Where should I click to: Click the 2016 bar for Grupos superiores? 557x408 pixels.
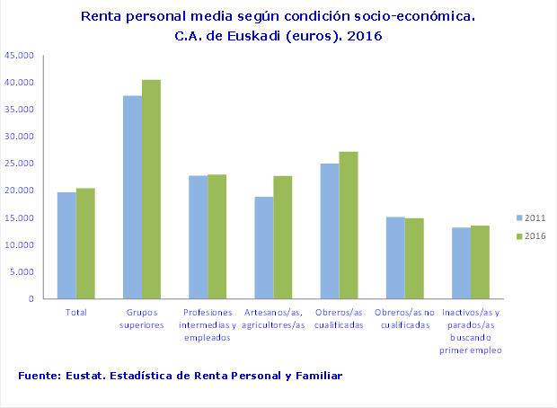(151, 190)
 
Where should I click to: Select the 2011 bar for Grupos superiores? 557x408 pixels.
(132, 198)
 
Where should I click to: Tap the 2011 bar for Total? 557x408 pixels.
(66, 245)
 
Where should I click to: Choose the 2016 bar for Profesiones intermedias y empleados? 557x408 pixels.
(217, 236)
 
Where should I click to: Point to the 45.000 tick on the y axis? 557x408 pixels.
(20, 56)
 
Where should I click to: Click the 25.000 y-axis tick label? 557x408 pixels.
(20, 164)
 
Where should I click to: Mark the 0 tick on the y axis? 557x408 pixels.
(31, 299)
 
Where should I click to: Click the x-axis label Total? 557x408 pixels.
(76, 313)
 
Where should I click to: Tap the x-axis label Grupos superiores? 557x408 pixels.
(142, 319)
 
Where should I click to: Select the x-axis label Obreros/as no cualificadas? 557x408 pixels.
(404, 319)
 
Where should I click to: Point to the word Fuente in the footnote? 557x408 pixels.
(39, 374)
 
